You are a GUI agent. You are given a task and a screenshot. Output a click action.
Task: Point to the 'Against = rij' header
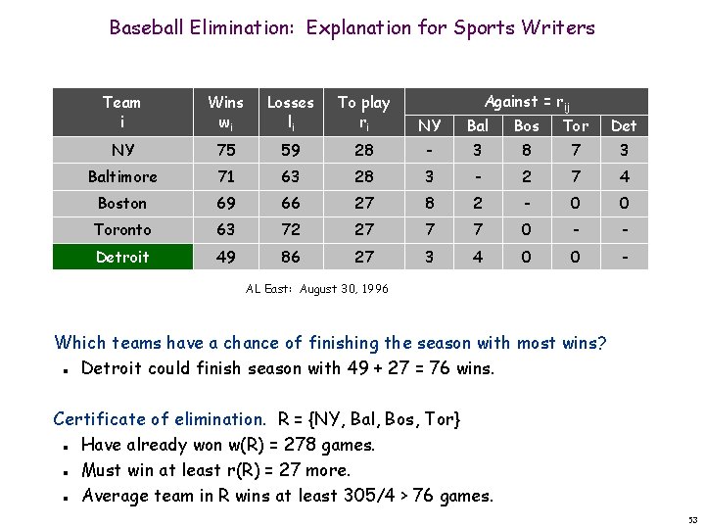[x=526, y=102]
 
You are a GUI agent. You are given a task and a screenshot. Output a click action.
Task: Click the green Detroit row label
[x=122, y=257]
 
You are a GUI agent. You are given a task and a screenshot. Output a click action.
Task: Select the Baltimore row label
[x=122, y=177]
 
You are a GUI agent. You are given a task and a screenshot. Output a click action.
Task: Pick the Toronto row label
[x=122, y=230]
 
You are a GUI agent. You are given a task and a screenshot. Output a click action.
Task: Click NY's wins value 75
[x=226, y=151]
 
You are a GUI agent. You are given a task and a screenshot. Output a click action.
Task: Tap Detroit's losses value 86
[x=291, y=257]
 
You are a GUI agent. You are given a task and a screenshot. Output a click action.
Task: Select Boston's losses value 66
[x=291, y=204]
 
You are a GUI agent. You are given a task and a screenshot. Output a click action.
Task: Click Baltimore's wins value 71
[x=226, y=177]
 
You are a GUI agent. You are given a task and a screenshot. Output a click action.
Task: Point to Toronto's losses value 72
[x=291, y=230]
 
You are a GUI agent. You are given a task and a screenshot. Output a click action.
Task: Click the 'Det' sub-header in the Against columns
[x=624, y=126]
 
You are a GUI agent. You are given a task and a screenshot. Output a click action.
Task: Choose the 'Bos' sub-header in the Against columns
[x=527, y=126]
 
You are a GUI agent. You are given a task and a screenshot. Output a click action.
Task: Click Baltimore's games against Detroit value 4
[x=624, y=177]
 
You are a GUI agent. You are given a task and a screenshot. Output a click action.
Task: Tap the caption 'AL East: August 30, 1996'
[x=315, y=289]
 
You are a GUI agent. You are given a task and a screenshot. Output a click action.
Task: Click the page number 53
[x=692, y=518]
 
